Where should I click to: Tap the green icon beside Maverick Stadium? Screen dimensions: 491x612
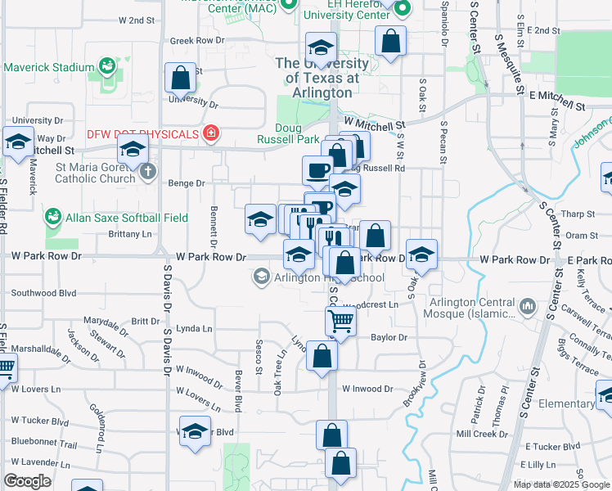coord(106,65)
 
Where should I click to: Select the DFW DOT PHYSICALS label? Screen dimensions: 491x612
coord(143,133)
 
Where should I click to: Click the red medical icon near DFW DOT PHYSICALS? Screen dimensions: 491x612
coord(211,133)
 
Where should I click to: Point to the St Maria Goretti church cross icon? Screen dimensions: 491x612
coord(147,172)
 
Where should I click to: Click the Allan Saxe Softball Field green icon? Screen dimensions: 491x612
coord(53,217)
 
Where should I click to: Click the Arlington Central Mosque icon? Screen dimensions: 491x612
coord(528,308)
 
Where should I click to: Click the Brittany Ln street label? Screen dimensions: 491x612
coord(131,234)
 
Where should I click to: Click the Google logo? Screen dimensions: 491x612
coord(27,481)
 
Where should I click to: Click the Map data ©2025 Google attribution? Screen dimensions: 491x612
coord(561,484)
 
